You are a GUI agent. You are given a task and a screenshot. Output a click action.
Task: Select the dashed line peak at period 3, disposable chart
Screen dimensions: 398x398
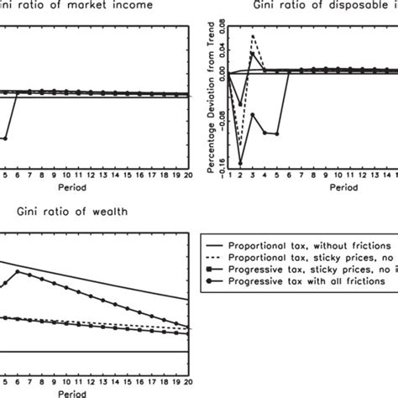[253, 35]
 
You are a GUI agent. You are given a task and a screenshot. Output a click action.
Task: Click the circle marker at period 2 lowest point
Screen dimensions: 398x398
[241, 163]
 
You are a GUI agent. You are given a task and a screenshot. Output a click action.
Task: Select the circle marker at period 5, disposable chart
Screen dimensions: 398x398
[276, 133]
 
